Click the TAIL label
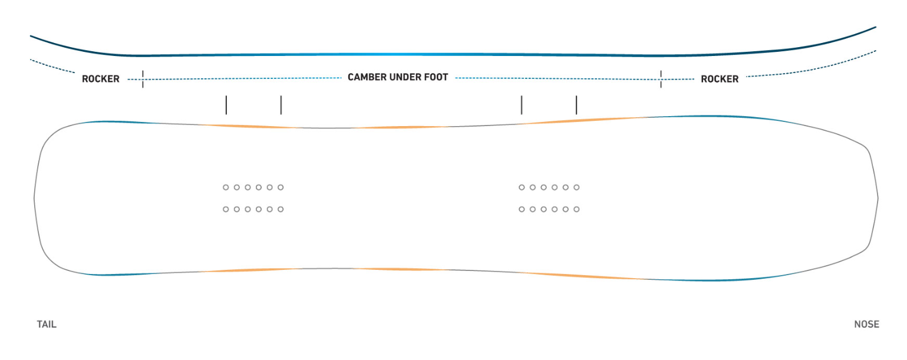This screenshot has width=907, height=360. (47, 325)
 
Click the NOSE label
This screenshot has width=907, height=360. (866, 325)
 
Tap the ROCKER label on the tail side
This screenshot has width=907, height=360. (100, 79)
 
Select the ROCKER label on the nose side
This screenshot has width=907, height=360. (720, 79)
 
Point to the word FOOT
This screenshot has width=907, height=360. (436, 77)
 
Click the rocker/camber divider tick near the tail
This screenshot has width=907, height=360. (143, 79)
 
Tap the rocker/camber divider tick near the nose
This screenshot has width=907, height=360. (661, 79)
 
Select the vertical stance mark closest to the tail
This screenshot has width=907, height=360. (226, 105)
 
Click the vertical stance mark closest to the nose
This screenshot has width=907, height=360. (576, 105)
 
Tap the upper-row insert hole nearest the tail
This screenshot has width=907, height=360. (226, 187)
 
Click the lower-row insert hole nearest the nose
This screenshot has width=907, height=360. (576, 209)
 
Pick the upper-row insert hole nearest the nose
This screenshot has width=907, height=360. (576, 187)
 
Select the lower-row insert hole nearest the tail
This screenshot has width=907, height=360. (226, 209)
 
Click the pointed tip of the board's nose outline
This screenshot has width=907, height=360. (878, 199)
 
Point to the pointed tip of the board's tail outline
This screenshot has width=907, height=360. (34, 199)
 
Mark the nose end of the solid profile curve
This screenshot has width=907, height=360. (875, 28)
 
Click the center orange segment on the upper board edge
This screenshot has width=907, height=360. (401, 127)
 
